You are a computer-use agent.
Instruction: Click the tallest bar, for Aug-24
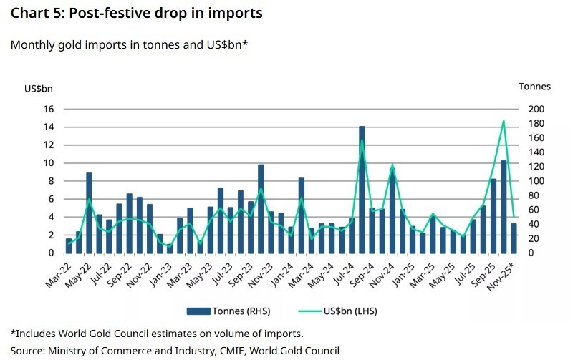click(x=362, y=190)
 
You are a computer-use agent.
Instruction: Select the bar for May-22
click(x=89, y=213)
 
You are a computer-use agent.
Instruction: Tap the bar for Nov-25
click(x=514, y=238)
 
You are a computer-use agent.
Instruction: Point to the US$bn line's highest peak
click(x=504, y=121)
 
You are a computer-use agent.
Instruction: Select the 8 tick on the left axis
click(x=52, y=181)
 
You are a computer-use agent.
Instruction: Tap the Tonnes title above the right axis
click(x=535, y=86)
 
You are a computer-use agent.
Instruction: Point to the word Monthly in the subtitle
click(x=32, y=44)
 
